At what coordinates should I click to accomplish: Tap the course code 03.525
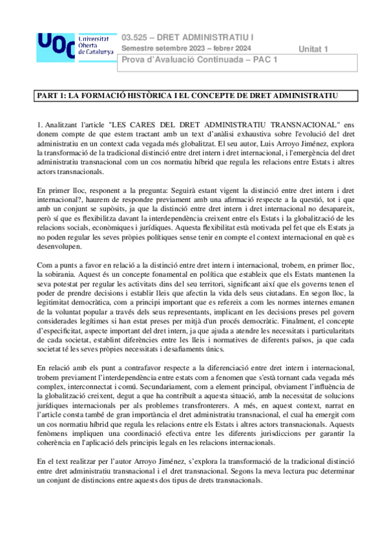(x=135, y=37)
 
